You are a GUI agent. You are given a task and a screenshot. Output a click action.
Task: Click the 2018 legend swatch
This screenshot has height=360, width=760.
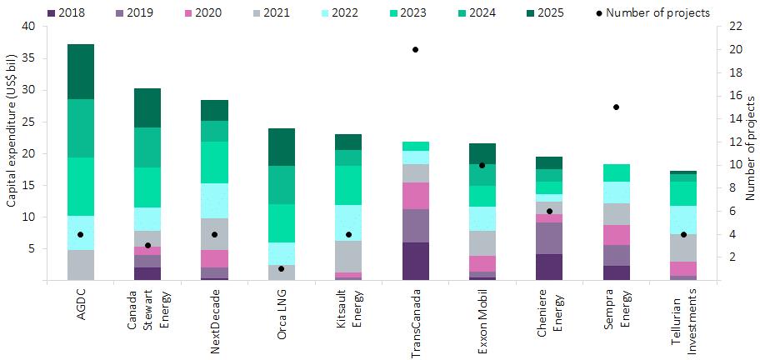coord(52,12)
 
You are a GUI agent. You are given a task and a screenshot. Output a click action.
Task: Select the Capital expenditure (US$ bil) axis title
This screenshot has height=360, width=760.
coord(11,152)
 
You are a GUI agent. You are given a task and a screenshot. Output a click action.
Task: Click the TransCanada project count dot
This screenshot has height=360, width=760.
coord(415,50)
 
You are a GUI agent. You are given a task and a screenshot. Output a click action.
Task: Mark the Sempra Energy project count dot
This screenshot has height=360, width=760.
coord(616,107)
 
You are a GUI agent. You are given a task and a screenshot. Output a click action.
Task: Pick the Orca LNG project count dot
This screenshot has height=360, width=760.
coord(281,269)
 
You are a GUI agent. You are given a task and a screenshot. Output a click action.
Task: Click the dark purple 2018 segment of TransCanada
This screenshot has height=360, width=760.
coord(415,261)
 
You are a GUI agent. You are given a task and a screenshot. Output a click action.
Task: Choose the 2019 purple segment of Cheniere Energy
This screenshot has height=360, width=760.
coord(549,238)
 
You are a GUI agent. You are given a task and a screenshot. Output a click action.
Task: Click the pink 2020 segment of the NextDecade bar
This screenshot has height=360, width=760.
coord(214,258)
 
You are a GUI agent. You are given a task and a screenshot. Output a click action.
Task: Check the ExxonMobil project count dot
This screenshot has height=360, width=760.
coord(482,165)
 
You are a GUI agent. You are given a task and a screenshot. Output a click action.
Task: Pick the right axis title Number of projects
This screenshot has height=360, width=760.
coord(748,152)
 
